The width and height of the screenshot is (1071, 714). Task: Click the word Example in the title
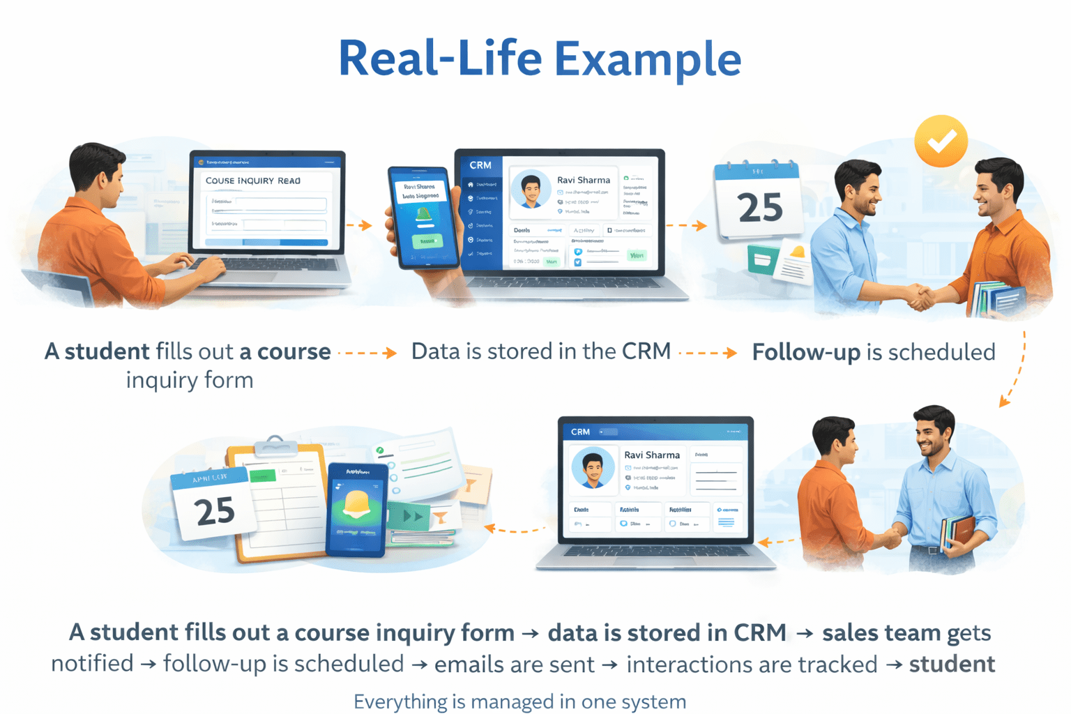pos(647,59)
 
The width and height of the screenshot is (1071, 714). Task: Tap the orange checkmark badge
pos(941,140)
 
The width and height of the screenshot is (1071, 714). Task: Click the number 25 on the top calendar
pos(759,207)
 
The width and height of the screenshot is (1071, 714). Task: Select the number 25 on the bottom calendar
pos(215,511)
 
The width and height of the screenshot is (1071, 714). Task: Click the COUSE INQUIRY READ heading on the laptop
pos(252,181)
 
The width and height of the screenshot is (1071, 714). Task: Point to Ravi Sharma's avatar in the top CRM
pos(531,190)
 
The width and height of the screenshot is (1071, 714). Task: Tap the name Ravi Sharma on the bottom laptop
pos(651,455)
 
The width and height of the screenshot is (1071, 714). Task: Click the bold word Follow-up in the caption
pos(805,352)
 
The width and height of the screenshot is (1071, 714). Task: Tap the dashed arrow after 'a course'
pos(367,353)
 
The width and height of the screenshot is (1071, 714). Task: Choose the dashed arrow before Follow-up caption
pos(707,353)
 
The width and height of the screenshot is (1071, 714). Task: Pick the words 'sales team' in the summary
pos(881,632)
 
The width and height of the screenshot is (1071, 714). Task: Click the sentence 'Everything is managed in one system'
pos(519,701)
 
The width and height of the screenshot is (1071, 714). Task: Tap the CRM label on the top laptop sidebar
pos(480,165)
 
